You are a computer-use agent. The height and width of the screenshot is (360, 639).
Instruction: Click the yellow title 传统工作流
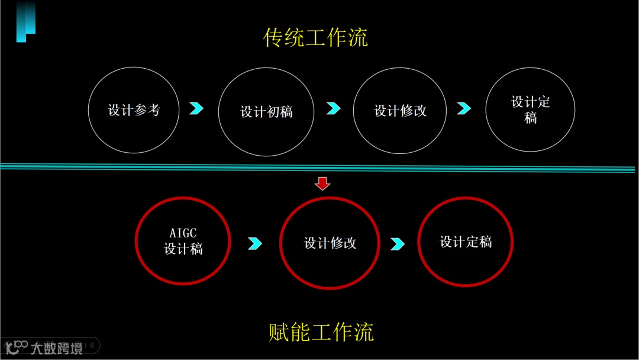click(315, 38)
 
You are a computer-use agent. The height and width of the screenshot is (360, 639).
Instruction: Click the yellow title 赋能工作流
click(321, 332)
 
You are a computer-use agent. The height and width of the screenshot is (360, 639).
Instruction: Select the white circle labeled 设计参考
click(134, 110)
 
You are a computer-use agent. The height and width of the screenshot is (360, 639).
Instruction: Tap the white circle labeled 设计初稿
click(266, 111)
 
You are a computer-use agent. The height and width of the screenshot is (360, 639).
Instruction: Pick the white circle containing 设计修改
click(400, 111)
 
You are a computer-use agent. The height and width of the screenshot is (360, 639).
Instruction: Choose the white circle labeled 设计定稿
click(530, 110)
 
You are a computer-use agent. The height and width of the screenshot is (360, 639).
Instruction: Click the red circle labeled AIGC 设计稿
click(183, 241)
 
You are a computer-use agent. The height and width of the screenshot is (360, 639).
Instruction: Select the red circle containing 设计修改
click(330, 243)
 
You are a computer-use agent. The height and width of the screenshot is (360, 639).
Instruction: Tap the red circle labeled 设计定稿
click(466, 242)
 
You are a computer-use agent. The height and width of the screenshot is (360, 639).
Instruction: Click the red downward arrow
click(322, 184)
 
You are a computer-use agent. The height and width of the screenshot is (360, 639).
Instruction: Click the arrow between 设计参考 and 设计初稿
click(196, 108)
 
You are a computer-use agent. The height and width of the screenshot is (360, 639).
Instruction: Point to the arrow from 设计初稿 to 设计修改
click(334, 108)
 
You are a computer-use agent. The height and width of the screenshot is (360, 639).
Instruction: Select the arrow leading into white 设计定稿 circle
click(464, 108)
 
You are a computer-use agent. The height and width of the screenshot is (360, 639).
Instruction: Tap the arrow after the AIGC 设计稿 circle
click(255, 243)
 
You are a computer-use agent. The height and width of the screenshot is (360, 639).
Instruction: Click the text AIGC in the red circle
click(183, 232)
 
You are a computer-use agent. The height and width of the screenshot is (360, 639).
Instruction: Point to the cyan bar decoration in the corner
click(25, 21)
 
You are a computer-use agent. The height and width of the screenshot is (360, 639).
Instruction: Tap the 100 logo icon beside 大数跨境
click(17, 347)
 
